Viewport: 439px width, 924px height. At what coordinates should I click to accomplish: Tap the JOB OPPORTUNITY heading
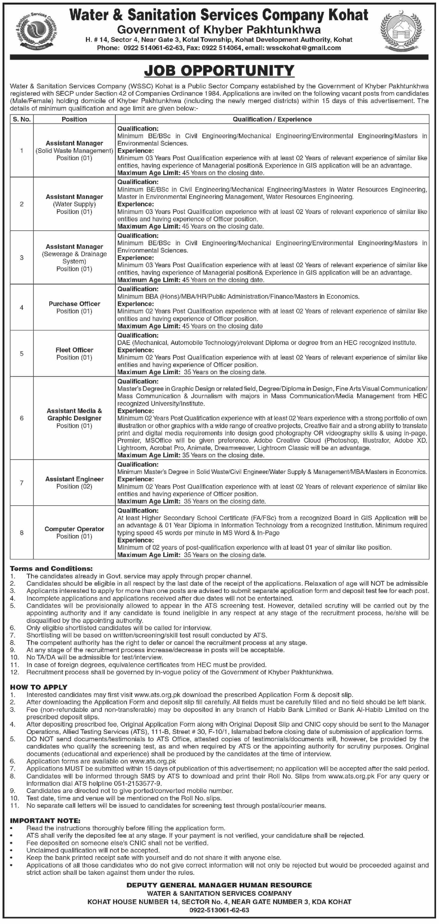point(219,71)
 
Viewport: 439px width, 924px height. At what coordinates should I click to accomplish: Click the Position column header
point(74,119)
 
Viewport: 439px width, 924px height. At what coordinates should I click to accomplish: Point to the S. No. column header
point(21,119)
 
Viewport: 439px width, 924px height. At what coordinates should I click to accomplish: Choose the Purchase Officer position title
point(74,304)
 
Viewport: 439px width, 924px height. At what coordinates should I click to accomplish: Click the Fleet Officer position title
point(74,350)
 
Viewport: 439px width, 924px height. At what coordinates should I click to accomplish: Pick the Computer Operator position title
point(74,529)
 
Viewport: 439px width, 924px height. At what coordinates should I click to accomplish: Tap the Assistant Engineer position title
point(74,479)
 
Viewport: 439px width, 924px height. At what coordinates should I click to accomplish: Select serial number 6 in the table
point(21,418)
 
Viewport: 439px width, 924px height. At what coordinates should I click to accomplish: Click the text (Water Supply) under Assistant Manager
point(74,204)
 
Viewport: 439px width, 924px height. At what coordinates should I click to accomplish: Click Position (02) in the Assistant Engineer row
point(74,486)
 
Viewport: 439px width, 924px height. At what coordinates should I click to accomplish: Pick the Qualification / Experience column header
point(272,119)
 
